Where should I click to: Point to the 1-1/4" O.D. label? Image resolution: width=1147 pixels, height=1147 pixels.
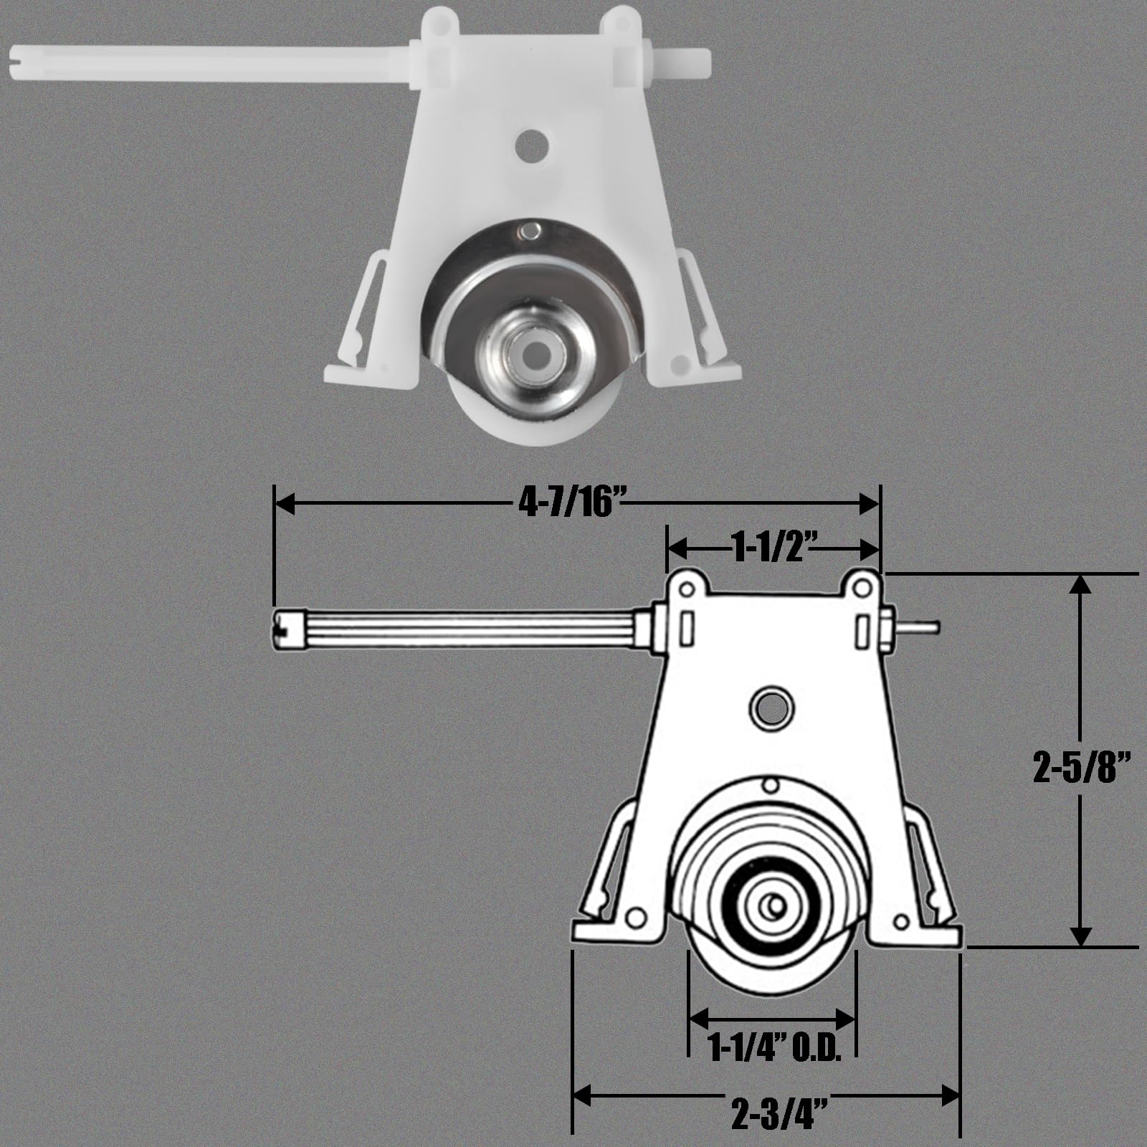773,1048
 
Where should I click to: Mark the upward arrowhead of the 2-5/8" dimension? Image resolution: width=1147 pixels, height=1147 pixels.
1080,584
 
